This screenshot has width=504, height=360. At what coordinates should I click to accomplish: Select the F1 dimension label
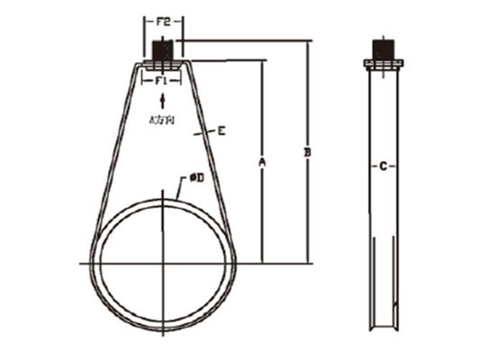click(162, 81)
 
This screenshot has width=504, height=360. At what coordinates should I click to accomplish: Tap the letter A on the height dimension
click(263, 162)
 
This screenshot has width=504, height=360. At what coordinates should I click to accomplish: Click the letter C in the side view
click(384, 166)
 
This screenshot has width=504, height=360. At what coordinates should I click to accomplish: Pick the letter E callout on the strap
click(220, 131)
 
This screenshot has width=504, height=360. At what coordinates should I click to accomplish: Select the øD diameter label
click(195, 178)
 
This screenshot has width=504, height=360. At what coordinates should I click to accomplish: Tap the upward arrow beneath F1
click(162, 99)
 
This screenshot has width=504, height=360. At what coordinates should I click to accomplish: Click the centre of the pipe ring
click(163, 262)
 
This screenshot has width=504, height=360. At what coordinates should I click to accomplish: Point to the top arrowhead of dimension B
click(309, 43)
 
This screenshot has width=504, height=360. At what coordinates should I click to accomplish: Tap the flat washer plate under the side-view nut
click(384, 63)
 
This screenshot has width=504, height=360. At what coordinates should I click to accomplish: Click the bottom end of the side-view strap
click(384, 328)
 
